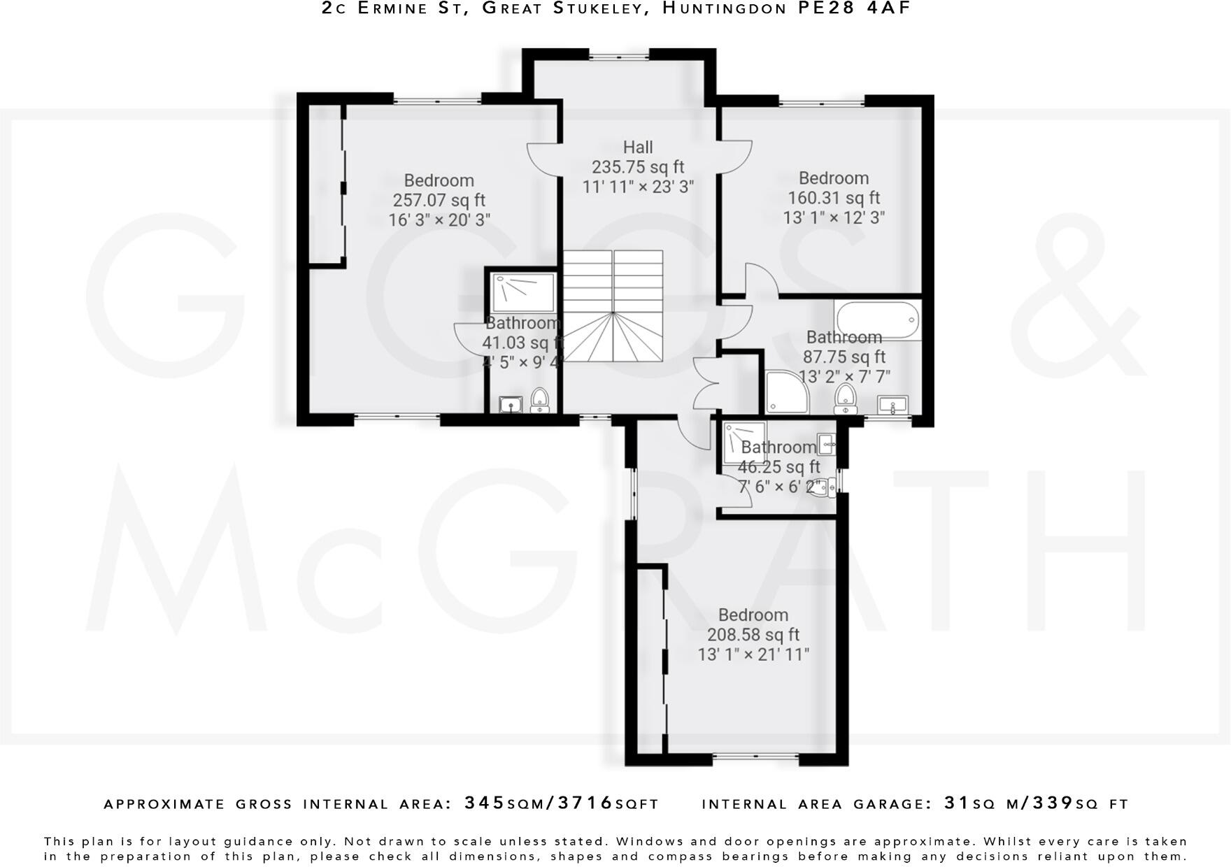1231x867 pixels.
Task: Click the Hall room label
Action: tap(637, 148)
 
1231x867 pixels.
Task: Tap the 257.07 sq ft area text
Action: tap(439, 201)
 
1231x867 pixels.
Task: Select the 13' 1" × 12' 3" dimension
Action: tap(833, 217)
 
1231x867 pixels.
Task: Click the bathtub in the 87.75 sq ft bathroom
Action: tap(876, 320)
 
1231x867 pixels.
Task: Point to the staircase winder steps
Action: tap(613, 338)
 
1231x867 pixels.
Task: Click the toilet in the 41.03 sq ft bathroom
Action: tap(539, 400)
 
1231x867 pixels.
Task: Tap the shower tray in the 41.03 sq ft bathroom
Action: tap(524, 293)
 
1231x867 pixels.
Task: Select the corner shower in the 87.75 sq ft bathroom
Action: tap(785, 392)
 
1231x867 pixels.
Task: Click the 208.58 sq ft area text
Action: tap(753, 635)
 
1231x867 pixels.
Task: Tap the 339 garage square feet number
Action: tap(1054, 803)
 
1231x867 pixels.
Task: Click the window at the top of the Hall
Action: tap(618, 55)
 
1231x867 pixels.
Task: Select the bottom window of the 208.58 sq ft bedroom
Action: tap(755, 757)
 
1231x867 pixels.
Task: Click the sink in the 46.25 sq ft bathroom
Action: tap(826, 441)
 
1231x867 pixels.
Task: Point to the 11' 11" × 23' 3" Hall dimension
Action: tap(637, 187)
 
